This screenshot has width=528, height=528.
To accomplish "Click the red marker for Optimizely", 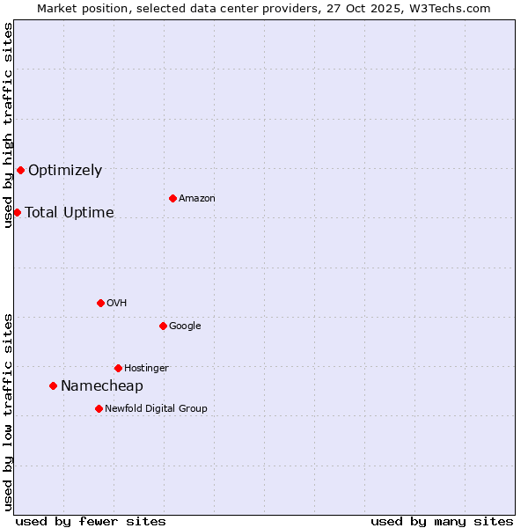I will [x=20, y=170].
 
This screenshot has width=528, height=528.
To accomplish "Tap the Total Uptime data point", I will [x=17, y=212].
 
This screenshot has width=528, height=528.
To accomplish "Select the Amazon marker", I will [x=172, y=198].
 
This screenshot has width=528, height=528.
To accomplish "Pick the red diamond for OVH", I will [x=100, y=303].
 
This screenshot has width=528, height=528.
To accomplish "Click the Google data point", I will [x=163, y=326].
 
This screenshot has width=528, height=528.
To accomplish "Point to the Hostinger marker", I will [x=118, y=368].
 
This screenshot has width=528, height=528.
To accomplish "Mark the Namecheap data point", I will [x=53, y=385].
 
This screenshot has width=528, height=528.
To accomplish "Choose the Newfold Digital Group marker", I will [x=99, y=408].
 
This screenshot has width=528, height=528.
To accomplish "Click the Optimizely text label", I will [x=65, y=171].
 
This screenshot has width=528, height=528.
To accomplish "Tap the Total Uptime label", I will [x=70, y=213].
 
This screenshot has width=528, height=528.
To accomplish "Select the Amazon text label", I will [x=197, y=199].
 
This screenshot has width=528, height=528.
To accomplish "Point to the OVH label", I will [x=117, y=304].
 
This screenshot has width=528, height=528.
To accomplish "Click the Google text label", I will [x=185, y=326].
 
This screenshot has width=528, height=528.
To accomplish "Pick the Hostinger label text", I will [x=146, y=369].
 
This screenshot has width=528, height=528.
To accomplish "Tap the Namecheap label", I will [x=102, y=386].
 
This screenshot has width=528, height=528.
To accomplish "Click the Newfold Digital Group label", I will [x=156, y=409].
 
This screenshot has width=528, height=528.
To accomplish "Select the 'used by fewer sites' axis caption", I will [x=91, y=521].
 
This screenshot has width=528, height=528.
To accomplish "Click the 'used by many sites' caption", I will [x=442, y=521].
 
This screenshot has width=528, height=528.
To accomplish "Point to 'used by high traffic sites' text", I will [x=9, y=125].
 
